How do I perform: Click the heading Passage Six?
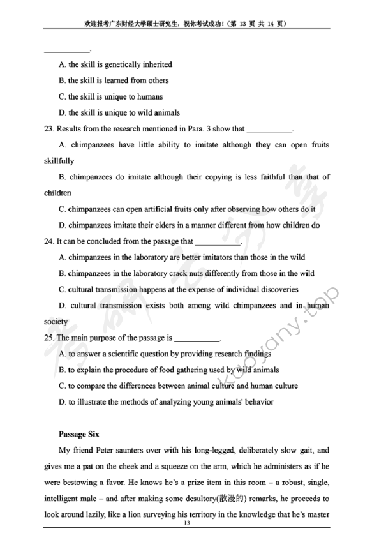78,435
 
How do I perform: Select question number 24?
48,241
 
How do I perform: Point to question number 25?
48,337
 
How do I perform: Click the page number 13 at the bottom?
186,523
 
